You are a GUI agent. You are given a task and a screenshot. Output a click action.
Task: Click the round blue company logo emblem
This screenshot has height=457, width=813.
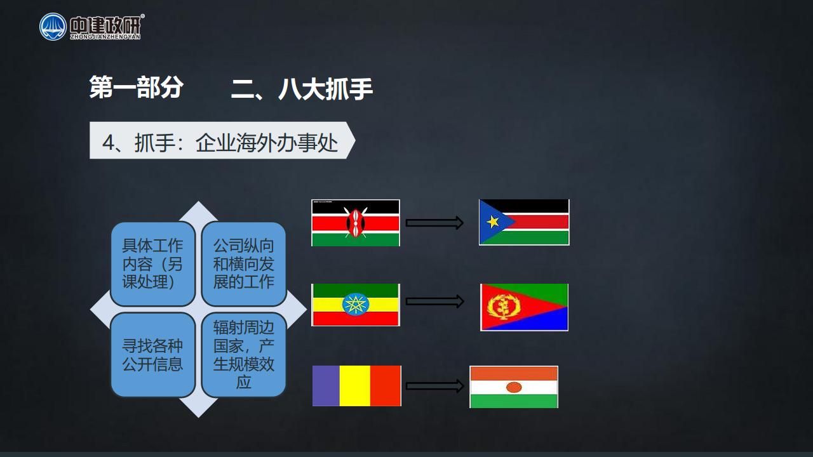click(x=53, y=27)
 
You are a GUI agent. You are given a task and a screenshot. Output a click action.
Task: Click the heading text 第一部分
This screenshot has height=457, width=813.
click(x=137, y=87)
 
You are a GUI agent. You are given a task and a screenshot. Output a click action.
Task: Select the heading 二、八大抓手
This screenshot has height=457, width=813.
click(x=302, y=88)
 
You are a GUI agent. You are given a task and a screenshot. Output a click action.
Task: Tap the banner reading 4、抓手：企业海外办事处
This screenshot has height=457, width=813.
click(x=222, y=140)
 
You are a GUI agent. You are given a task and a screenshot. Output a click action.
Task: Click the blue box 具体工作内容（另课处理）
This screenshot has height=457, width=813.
click(x=153, y=264)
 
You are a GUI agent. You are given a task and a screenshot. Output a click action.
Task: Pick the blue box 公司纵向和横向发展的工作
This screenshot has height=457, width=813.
click(x=243, y=264)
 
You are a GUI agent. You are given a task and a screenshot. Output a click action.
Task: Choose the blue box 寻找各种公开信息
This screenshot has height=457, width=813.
click(x=153, y=355)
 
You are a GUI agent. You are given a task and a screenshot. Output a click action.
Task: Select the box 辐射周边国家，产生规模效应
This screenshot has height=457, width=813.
click(x=243, y=355)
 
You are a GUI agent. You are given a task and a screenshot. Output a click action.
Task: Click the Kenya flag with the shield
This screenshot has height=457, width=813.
click(x=356, y=223)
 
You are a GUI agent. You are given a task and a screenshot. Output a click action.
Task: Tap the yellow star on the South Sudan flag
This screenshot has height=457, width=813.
click(x=493, y=222)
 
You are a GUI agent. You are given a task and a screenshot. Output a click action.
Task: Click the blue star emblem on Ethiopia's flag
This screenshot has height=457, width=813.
click(x=356, y=304)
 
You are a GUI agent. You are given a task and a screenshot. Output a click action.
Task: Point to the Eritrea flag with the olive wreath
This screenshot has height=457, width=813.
click(x=525, y=307)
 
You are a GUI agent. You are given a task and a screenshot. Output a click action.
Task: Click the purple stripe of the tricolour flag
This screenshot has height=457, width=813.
click(x=326, y=386)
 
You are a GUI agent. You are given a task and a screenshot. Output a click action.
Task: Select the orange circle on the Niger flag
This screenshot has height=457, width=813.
click(x=514, y=387)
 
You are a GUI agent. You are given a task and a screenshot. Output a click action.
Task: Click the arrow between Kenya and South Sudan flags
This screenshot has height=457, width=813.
click(x=434, y=223)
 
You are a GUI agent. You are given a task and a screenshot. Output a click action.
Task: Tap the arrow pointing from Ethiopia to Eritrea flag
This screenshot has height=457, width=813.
click(x=435, y=301)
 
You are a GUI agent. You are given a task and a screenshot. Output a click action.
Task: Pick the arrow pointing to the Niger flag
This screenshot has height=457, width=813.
click(x=435, y=386)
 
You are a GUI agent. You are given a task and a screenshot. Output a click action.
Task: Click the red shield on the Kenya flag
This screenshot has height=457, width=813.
click(x=356, y=223)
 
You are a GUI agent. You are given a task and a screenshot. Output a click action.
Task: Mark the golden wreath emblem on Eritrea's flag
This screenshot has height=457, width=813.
click(x=504, y=307)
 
